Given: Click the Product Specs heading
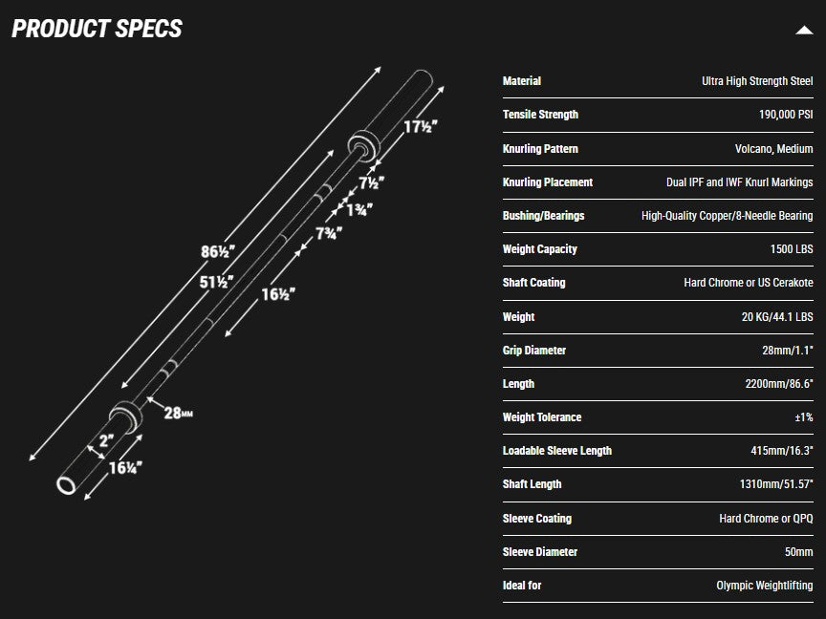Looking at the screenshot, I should pyautogui.click(x=97, y=29).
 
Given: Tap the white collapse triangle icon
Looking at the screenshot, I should pyautogui.click(x=803, y=30).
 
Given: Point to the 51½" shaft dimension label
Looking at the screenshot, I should pyautogui.click(x=217, y=283).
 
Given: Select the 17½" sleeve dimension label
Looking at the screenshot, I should pyautogui.click(x=419, y=127).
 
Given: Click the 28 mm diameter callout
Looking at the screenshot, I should pyautogui.click(x=179, y=414).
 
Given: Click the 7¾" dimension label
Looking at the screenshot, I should pyautogui.click(x=332, y=235).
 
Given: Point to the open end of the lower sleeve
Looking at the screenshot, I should pyautogui.click(x=68, y=484).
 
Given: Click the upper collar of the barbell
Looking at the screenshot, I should pyautogui.click(x=362, y=143).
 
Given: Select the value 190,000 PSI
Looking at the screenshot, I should pyautogui.click(x=785, y=115).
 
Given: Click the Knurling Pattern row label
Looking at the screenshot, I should pyautogui.click(x=540, y=149).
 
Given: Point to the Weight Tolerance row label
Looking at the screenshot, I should pyautogui.click(x=541, y=417).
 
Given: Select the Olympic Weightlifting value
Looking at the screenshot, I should pyautogui.click(x=764, y=586).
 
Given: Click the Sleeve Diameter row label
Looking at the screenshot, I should pyautogui.click(x=539, y=552).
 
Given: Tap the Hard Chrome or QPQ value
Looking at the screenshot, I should pyautogui.click(x=766, y=519).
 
